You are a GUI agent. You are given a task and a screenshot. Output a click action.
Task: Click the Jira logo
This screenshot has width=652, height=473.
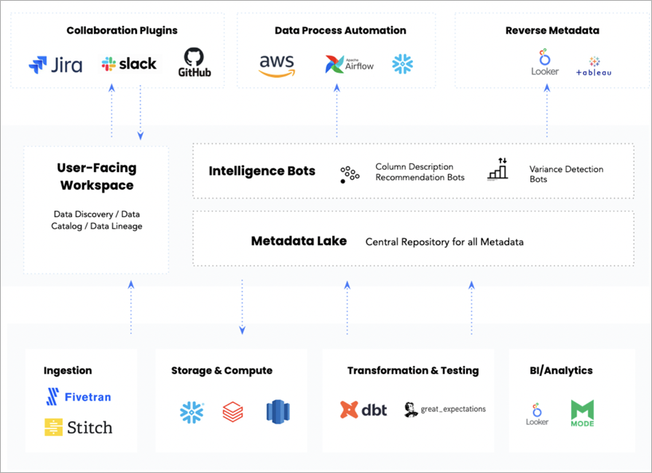(55, 65)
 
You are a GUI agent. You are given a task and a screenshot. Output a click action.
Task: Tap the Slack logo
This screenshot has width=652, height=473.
(129, 64)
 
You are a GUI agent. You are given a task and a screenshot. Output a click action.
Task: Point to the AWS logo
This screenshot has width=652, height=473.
(277, 65)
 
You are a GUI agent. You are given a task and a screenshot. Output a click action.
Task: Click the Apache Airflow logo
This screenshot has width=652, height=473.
(349, 64)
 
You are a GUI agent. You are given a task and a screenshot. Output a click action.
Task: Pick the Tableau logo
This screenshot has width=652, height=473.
(594, 67)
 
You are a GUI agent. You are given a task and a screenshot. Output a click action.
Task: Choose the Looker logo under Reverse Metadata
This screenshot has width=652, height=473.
(544, 63)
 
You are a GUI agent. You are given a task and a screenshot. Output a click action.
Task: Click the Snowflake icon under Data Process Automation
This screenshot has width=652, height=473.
(402, 64)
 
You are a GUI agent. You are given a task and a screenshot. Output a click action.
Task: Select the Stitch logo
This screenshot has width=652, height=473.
(79, 427)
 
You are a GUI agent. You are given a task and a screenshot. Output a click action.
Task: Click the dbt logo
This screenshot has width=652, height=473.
(364, 410)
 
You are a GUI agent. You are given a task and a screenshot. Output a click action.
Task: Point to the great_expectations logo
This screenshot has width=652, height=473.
(445, 410)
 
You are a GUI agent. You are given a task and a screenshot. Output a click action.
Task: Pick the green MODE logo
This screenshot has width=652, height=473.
(582, 413)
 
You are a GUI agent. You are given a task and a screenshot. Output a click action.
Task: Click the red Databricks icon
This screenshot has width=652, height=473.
(233, 412)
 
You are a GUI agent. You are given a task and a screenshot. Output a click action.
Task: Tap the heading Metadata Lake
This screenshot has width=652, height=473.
(299, 241)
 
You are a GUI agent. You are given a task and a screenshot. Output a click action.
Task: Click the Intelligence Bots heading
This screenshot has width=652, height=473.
(262, 171)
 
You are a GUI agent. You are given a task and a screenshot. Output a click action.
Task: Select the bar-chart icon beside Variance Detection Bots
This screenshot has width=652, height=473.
(497, 170)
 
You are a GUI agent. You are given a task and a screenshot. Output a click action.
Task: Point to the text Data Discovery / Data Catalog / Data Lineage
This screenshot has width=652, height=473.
(96, 220)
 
